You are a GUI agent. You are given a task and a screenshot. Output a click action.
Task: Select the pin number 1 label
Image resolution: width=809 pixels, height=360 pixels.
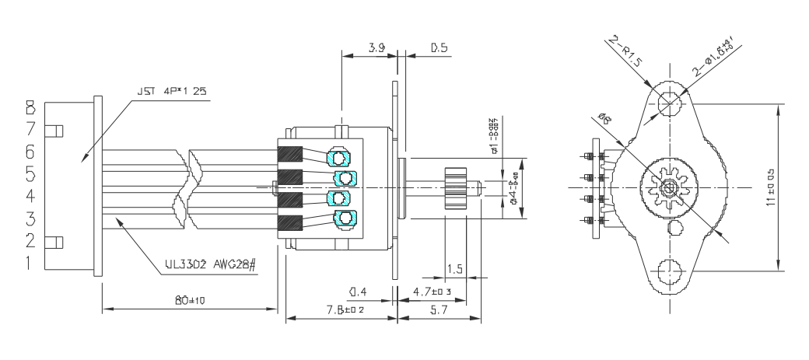click(30, 264)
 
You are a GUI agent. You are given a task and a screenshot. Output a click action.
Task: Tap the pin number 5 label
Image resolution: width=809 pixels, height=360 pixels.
click(30, 172)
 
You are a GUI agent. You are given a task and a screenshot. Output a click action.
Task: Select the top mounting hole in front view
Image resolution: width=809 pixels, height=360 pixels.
click(667, 103)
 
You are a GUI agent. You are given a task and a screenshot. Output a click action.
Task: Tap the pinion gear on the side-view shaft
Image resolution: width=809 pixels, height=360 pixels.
click(455, 187)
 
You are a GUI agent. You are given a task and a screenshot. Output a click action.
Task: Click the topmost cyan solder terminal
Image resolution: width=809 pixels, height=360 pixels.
click(339, 158)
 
